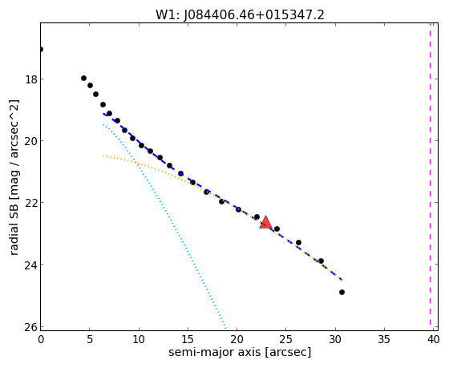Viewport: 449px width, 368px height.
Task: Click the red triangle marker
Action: click(x=265, y=223)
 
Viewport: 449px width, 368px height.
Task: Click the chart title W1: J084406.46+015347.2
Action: click(x=240, y=15)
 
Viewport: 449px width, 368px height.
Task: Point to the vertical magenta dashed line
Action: click(x=430, y=174)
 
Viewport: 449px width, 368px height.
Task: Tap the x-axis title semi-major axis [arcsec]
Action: click(x=240, y=352)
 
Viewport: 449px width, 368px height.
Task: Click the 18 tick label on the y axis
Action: click(x=31, y=79)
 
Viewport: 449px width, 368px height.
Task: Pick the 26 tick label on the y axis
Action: click(x=31, y=327)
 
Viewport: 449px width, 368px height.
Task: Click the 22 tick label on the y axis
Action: click(x=31, y=203)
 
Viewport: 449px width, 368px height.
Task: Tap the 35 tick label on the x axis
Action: click(x=384, y=339)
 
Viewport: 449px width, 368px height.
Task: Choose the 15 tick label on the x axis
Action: click(x=188, y=339)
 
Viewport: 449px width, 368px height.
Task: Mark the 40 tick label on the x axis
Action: click(x=433, y=339)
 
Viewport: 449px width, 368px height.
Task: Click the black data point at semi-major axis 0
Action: click(x=41, y=49)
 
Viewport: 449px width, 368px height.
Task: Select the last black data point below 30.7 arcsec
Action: click(x=342, y=292)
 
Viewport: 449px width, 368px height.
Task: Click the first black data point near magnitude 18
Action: click(x=83, y=79)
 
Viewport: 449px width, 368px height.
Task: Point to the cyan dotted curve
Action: click(x=164, y=226)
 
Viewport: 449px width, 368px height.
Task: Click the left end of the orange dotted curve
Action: click(x=103, y=156)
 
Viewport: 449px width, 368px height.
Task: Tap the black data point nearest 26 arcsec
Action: click(x=298, y=242)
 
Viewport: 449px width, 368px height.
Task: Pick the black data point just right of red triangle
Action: click(x=277, y=228)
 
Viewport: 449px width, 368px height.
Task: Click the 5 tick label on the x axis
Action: click(x=90, y=339)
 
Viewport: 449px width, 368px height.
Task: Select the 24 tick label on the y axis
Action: click(x=31, y=265)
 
